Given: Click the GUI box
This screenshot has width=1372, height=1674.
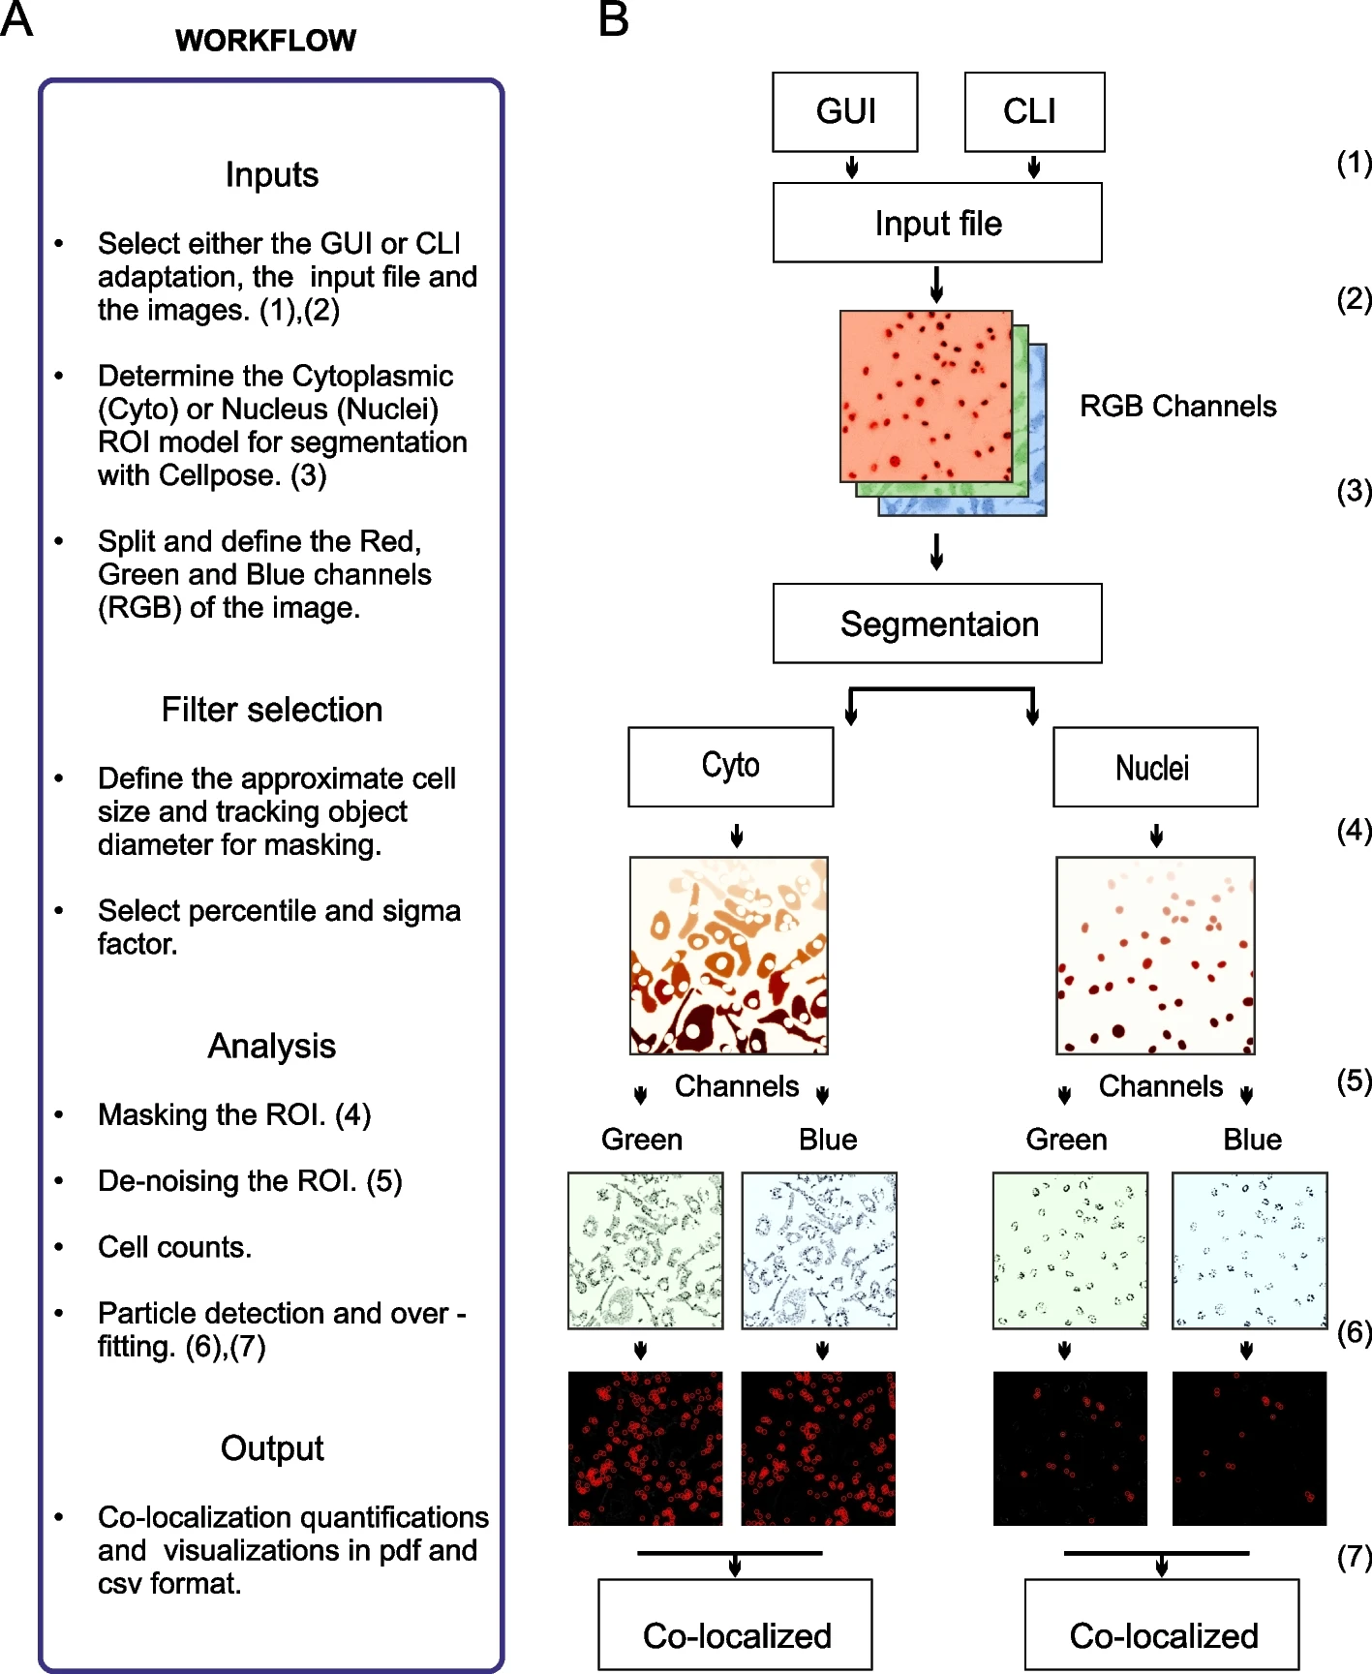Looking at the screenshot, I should [x=844, y=111].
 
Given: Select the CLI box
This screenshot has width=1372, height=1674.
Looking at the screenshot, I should [x=1033, y=111].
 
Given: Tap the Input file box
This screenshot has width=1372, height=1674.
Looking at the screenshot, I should [x=936, y=223].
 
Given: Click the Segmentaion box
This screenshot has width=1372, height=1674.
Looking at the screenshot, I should [x=936, y=624].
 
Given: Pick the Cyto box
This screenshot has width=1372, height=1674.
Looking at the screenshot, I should [x=730, y=767].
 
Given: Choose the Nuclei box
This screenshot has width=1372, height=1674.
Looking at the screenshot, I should [x=1154, y=767].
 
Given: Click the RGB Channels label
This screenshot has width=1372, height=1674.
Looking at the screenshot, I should [x=1177, y=406].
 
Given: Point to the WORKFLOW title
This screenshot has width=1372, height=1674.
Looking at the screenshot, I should [x=265, y=41].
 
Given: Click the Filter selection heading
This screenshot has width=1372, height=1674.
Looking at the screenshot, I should [x=271, y=710].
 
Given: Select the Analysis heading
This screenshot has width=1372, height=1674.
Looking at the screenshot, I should [x=271, y=1046].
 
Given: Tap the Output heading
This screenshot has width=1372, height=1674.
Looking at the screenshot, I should [x=271, y=1447].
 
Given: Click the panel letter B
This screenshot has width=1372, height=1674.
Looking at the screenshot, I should [x=614, y=19].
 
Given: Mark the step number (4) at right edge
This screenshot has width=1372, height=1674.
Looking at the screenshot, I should [x=1354, y=830].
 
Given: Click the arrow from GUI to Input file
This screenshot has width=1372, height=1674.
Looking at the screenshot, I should [x=852, y=167].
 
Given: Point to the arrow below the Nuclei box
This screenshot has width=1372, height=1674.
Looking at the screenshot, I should [x=1156, y=835].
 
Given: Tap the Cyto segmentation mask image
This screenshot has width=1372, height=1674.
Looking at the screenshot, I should [x=728, y=955].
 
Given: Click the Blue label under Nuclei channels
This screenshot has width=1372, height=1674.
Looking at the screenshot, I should [x=1252, y=1140].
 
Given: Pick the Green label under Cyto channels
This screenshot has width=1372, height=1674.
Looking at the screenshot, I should [x=641, y=1140].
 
